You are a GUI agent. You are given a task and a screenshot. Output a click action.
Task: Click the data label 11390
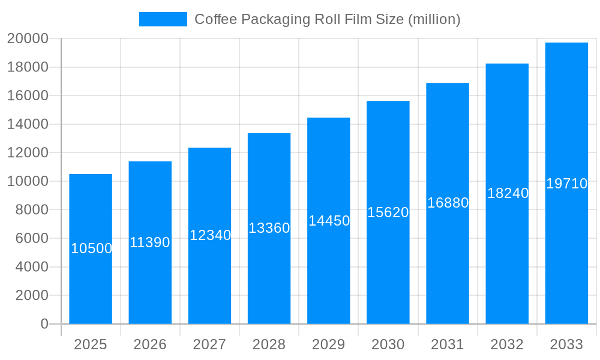pyautogui.click(x=150, y=242)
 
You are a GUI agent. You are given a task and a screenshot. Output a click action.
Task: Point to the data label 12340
pyautogui.click(x=210, y=235)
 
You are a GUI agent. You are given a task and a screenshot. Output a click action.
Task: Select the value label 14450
pyautogui.click(x=329, y=221)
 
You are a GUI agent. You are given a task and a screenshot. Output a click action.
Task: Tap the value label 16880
pyautogui.click(x=448, y=203)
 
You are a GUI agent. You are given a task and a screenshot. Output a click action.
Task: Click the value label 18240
pyautogui.click(x=508, y=193)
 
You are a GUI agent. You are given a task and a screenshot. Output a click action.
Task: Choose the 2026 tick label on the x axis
pyautogui.click(x=150, y=344)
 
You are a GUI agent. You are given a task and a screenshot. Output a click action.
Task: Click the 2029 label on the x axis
pyautogui.click(x=329, y=344)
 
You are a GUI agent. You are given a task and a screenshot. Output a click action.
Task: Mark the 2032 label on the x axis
pyautogui.click(x=507, y=344)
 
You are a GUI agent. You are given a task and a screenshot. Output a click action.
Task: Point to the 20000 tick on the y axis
pyautogui.click(x=28, y=38)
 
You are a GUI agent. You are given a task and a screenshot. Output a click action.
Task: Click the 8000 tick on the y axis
pyautogui.click(x=31, y=210)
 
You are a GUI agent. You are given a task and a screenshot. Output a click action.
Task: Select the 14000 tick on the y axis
pyautogui.click(x=28, y=124)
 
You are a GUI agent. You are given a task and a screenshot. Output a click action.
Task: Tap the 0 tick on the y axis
pyautogui.click(x=44, y=324)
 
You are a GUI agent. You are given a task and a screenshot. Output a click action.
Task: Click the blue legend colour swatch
pyautogui.click(x=163, y=19)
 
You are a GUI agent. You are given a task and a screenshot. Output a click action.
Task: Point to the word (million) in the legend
pyautogui.click(x=434, y=19)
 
